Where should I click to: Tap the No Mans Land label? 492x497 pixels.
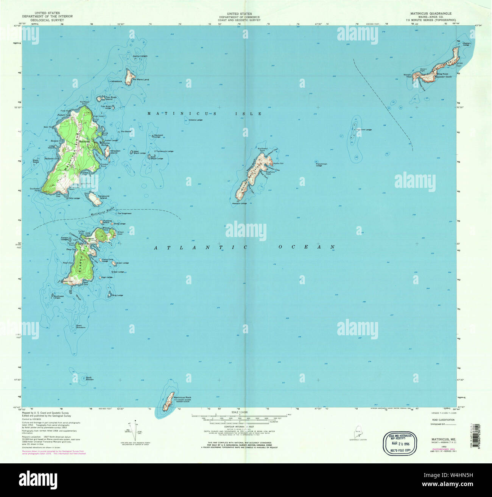tap(141, 80)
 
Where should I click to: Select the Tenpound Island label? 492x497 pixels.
tap(104, 197)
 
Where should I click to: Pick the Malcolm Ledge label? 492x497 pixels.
tap(364, 130)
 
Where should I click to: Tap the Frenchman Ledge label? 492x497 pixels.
tap(321, 165)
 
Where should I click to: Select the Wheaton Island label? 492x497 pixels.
tap(115, 152)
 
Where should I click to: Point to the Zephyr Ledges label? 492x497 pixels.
tap(140, 56)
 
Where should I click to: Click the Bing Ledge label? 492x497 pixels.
tap(117, 295)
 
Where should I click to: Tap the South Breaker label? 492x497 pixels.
tap(89, 378)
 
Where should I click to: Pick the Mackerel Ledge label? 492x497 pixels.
tap(158, 136)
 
